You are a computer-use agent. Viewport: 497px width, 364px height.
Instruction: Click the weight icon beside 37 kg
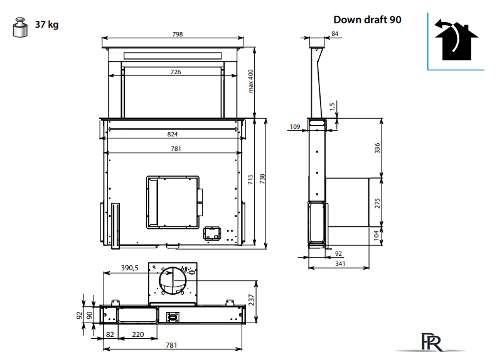[x=20, y=27]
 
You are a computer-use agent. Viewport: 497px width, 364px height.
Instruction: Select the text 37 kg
[x=46, y=25]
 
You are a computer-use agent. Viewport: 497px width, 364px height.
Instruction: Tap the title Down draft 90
[x=367, y=19]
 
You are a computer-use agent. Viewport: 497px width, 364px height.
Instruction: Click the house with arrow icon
[x=456, y=40]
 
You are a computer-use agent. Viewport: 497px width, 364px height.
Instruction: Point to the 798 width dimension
[x=178, y=34]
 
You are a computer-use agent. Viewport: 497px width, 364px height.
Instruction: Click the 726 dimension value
[x=176, y=72]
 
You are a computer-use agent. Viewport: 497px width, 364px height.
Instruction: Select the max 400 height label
[x=251, y=81]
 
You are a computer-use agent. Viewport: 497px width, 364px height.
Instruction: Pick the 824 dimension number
[x=173, y=135]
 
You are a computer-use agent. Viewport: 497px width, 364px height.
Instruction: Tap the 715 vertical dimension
[x=250, y=179]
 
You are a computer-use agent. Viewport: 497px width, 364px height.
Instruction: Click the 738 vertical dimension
[x=262, y=179]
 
